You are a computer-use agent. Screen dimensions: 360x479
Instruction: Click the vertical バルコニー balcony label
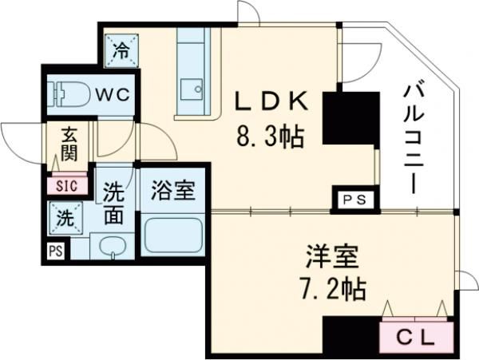coord(413,136)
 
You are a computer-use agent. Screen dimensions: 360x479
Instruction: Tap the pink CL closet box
coord(416,337)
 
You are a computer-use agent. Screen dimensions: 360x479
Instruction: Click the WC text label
coord(113,94)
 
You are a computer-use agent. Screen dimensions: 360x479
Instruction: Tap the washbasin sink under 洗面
coord(112,247)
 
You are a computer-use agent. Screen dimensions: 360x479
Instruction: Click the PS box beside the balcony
coord(352,200)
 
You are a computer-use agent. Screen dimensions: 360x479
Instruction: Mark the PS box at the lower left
coord(53,251)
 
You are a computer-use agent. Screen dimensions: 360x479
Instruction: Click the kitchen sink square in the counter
coord(192,89)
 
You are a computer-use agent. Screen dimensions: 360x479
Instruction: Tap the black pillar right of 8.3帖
coord(350,120)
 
